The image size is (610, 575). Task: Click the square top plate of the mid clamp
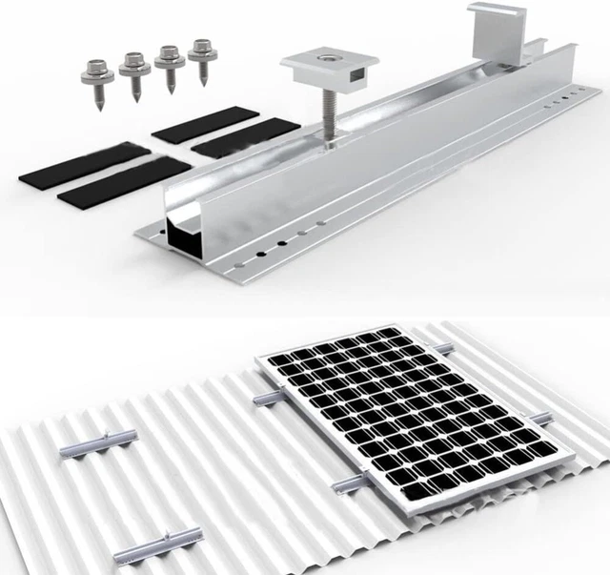(329, 70)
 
